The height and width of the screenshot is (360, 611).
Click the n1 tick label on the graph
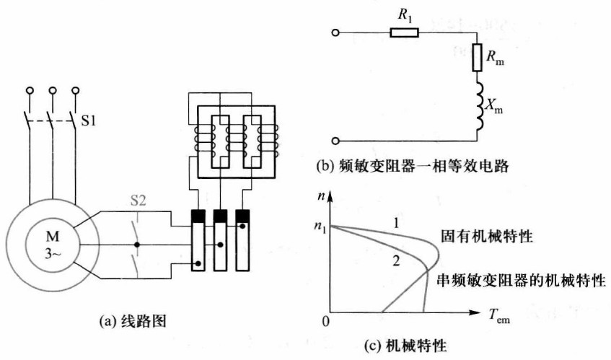pyautogui.click(x=317, y=229)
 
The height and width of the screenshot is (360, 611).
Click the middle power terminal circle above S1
pyautogui.click(x=53, y=92)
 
